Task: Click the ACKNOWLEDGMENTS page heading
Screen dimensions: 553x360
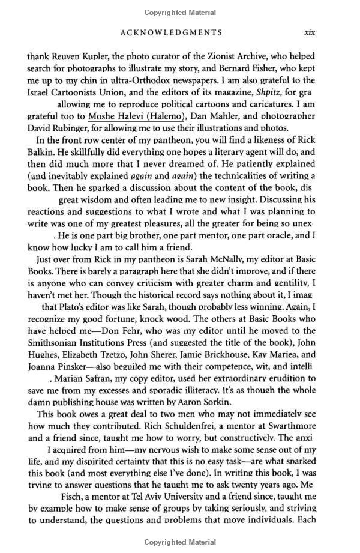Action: pyautogui.click(x=171, y=33)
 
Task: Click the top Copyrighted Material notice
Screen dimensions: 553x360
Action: pyautogui.click(x=180, y=12)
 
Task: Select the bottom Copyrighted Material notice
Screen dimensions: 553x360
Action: pyautogui.click(x=180, y=542)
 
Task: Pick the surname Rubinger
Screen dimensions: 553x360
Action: pyautogui.click(x=74, y=128)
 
